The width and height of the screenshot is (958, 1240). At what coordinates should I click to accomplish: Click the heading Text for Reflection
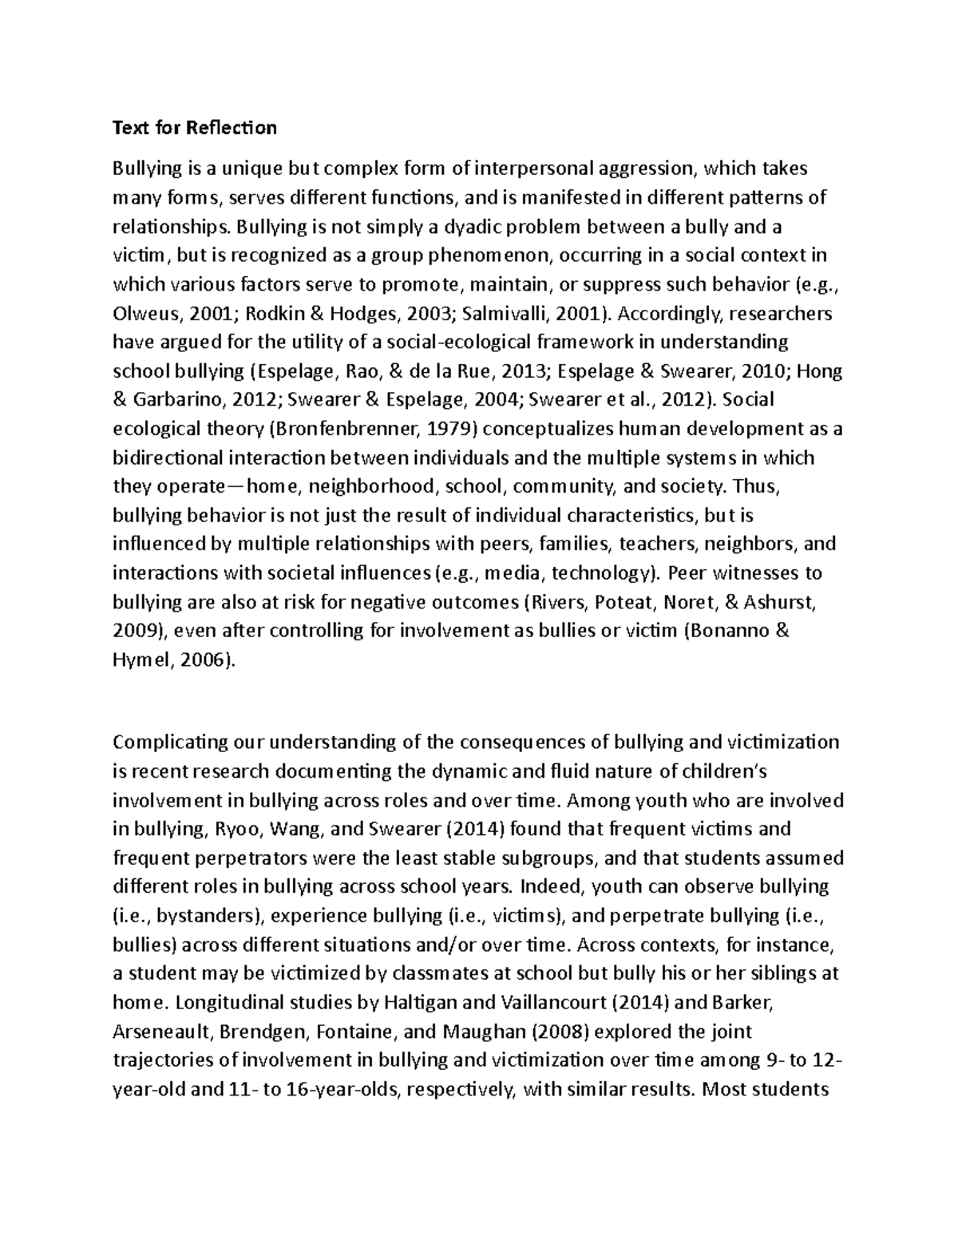click(194, 128)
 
